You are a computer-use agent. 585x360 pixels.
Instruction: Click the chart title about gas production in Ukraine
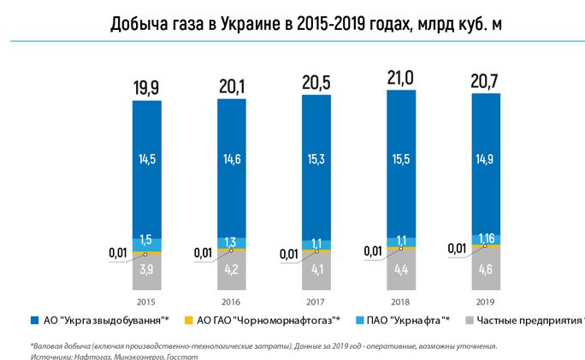click(x=292, y=23)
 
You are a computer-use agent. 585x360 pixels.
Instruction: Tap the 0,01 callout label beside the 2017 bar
click(x=289, y=252)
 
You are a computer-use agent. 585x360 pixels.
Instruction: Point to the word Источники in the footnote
click(x=50, y=356)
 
